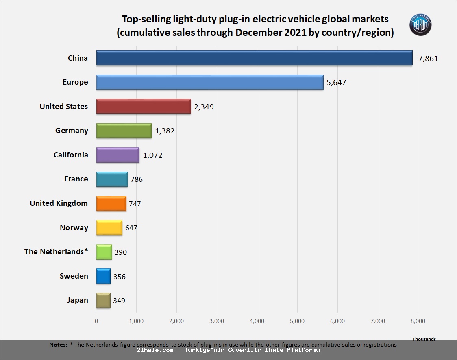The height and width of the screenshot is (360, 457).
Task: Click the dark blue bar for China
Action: tap(254, 58)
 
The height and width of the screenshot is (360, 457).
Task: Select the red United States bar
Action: tap(144, 107)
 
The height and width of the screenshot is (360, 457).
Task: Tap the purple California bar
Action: tap(118, 155)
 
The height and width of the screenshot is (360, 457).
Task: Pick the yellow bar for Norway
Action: tap(109, 228)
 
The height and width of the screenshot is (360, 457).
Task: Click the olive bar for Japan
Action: tap(103, 301)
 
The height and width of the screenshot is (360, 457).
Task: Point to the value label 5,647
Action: tap(336, 83)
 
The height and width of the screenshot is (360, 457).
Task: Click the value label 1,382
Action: tap(165, 131)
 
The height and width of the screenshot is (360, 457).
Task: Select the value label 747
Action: tap(135, 204)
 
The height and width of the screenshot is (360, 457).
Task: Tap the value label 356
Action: tap(120, 277)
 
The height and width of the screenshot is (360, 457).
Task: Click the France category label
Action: tap(76, 179)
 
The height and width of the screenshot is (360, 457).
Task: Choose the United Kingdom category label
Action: tap(59, 203)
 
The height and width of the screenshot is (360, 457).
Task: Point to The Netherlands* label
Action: tap(56, 252)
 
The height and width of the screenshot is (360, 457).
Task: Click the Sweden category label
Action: tap(74, 276)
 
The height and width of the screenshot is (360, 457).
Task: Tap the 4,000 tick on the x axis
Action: tap(257, 321)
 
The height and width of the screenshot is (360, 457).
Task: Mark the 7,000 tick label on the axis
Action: tap(378, 321)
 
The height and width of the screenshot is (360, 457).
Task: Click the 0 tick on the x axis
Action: tap(96, 321)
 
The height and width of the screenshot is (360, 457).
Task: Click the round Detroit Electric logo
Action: tap(420, 25)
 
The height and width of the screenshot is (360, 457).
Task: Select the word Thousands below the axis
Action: tap(424, 339)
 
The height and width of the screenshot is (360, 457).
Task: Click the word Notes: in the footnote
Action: tap(58, 345)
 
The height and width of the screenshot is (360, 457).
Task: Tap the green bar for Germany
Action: tap(124, 131)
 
